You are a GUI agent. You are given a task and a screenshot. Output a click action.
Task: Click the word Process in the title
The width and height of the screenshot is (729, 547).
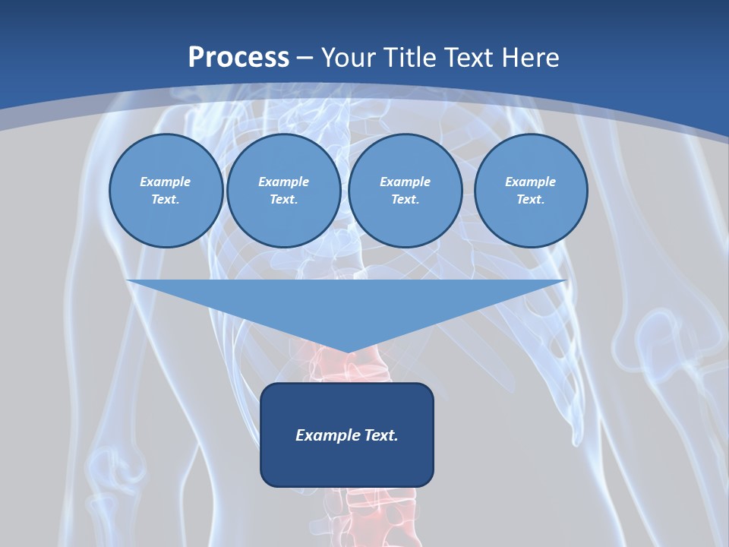click(x=238, y=58)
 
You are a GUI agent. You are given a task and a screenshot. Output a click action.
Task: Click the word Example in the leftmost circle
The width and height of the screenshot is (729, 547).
click(x=166, y=182)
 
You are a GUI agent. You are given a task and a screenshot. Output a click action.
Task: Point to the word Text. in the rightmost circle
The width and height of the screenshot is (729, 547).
click(x=531, y=200)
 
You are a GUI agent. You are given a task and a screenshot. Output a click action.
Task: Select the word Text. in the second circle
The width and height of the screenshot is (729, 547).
click(x=283, y=200)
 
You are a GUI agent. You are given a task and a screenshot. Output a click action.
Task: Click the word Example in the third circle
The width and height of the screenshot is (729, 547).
click(x=405, y=182)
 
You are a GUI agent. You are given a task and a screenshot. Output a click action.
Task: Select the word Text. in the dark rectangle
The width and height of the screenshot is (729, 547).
click(x=381, y=435)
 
